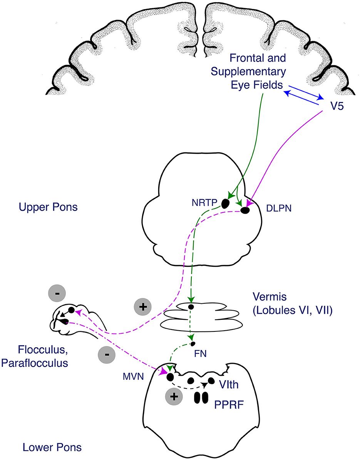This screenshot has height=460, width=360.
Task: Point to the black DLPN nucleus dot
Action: (245, 210)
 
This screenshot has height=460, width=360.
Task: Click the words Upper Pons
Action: (48, 207)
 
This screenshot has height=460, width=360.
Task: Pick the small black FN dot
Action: (193, 343)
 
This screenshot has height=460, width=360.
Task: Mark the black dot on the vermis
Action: (190, 307)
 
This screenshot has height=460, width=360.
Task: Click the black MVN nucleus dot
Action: (170, 376)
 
